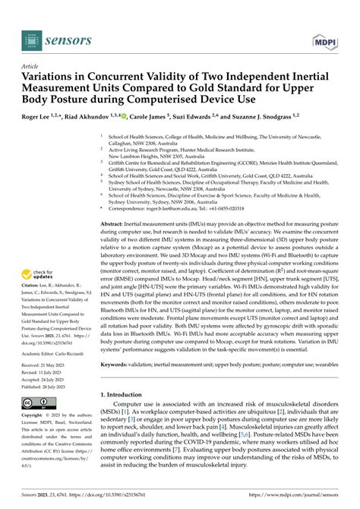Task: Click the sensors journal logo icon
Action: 29,36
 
